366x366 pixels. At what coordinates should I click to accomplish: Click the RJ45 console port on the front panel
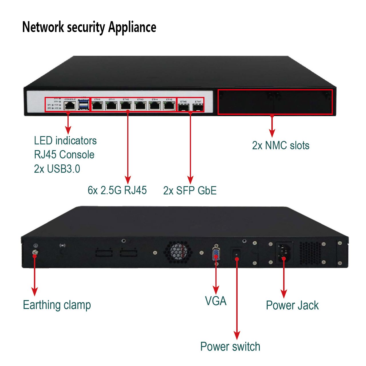coord(70,106)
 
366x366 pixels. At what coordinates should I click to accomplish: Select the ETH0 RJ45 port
coord(98,106)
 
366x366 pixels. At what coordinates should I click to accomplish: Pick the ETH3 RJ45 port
coord(140,106)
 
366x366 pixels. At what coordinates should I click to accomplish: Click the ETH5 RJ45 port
coord(169,106)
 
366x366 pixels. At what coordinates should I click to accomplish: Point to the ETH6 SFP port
coord(183,108)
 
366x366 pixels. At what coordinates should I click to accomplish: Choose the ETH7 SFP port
coord(198,108)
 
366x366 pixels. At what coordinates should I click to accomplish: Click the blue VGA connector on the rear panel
coord(216,254)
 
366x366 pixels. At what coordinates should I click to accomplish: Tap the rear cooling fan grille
coord(178,252)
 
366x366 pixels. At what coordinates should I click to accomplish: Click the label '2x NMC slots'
coord(281,146)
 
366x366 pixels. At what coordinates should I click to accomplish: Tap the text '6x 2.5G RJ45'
coord(117,190)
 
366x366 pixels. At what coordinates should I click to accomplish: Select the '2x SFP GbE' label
coord(190,190)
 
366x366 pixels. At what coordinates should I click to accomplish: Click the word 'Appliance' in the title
coord(132,28)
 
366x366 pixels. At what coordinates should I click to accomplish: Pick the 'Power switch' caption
coord(230,347)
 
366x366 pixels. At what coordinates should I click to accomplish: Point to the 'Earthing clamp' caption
coord(57,305)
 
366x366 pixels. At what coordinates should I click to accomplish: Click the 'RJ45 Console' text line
coord(64,155)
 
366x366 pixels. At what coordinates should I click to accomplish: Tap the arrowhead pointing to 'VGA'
coord(216,290)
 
